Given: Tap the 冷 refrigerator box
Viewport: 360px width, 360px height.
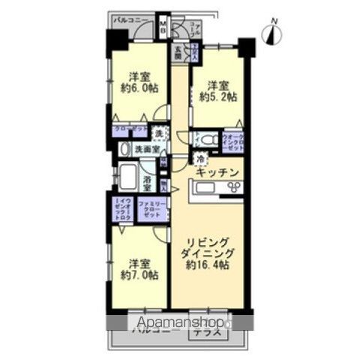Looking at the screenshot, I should (x=200, y=159).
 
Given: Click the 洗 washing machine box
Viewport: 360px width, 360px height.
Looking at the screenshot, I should (x=158, y=133).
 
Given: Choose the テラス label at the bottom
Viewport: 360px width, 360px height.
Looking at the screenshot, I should (x=205, y=332).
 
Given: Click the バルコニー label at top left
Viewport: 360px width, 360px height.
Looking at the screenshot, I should (x=128, y=20).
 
